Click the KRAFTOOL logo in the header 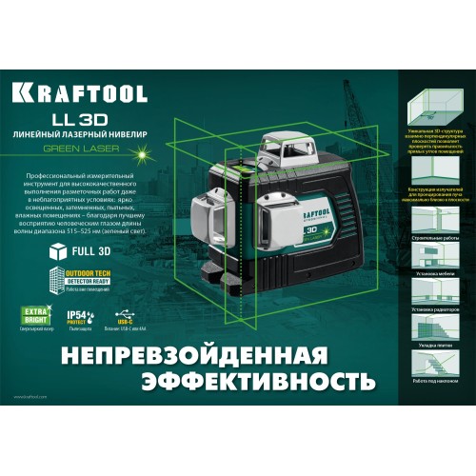[x=82, y=95]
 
